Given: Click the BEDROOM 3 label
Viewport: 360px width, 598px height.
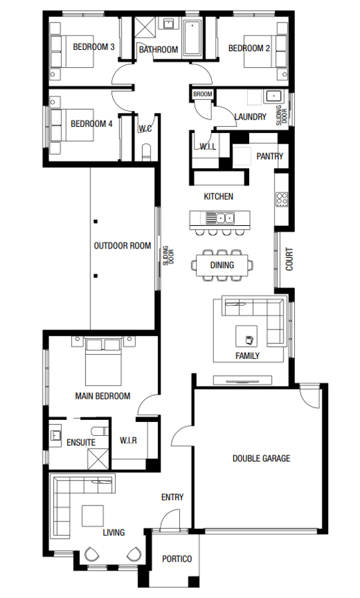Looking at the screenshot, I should coord(94,47).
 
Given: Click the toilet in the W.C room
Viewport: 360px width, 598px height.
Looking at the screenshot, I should coord(146,151).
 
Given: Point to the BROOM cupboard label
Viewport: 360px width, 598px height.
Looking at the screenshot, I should coord(203,94).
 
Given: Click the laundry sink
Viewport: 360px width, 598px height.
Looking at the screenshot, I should coord(272,96).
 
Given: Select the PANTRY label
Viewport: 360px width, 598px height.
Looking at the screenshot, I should coord(270,157).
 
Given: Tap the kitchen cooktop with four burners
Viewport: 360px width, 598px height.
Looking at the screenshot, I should coord(282,198).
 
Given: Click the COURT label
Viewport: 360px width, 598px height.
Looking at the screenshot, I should coord(290,259).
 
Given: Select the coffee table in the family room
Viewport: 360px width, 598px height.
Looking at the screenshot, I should coord(248,337).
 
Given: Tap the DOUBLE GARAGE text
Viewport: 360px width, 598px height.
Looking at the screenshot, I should coord(261,458).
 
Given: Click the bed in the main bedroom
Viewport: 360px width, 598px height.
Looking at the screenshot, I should coord(103,362).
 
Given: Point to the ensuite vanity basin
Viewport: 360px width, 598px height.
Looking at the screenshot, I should coord(56,435).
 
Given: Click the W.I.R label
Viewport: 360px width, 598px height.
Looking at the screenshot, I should coord(128,441).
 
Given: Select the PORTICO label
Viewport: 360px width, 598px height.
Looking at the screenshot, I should coord(177,559).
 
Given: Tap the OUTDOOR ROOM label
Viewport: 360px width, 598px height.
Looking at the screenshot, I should coord(122,246).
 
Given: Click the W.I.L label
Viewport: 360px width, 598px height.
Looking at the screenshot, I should coord(208,147).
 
